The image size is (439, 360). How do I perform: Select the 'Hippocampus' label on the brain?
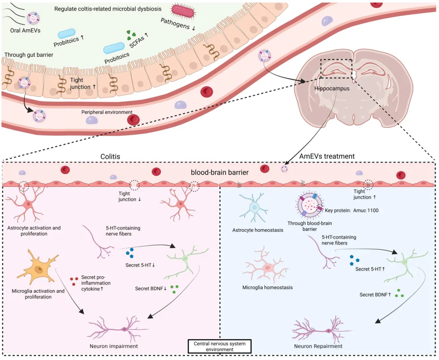[332, 88]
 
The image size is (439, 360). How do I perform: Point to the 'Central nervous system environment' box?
[219, 347]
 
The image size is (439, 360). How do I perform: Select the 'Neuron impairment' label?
[114, 346]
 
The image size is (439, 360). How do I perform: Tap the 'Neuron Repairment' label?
[318, 346]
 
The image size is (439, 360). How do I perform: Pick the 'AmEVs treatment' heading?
[327, 156]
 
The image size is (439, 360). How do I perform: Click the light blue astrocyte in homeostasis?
[254, 207]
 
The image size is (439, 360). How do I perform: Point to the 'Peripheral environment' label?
[107, 112]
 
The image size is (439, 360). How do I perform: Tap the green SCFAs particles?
[131, 36]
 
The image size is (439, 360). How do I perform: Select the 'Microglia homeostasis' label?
[267, 287]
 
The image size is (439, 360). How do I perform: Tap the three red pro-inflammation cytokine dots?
[74, 281]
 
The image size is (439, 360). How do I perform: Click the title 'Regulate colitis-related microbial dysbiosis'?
[108, 9]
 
